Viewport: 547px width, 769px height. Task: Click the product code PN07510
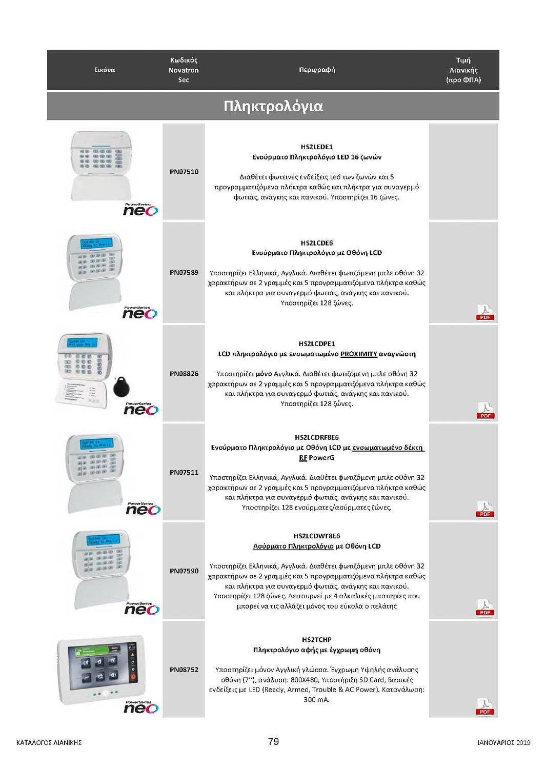(x=184, y=172)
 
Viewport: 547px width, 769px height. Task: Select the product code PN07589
(x=184, y=273)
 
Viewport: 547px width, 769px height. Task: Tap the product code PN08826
(x=184, y=374)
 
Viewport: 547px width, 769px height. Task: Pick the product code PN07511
(x=184, y=472)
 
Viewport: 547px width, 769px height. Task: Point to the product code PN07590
(x=184, y=571)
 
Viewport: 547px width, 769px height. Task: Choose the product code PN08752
(x=184, y=670)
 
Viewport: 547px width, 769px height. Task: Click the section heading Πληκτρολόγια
(x=273, y=106)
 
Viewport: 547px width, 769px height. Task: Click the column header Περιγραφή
(x=317, y=70)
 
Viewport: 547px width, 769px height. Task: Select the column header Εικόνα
(x=105, y=70)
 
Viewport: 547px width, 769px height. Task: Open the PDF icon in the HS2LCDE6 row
(x=485, y=312)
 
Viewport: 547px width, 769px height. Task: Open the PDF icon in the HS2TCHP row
(x=484, y=706)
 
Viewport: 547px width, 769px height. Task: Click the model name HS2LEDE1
(x=316, y=147)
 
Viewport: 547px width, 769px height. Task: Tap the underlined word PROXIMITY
(x=358, y=354)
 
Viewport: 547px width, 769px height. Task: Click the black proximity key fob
(x=121, y=387)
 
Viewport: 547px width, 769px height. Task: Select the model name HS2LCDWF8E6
(x=316, y=536)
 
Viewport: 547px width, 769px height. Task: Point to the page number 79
(x=273, y=741)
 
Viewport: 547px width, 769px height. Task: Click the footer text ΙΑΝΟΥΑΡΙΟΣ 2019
(x=503, y=742)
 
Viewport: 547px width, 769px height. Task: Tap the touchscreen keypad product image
(x=101, y=669)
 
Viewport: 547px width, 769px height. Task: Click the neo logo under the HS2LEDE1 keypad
(x=140, y=210)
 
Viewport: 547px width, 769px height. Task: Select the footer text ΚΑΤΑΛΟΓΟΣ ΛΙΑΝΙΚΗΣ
(x=49, y=742)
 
